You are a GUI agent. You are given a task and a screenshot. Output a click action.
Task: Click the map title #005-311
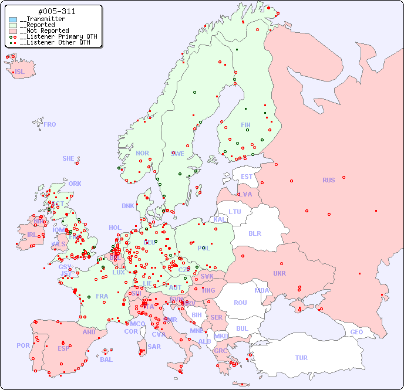pyautogui.click(x=56, y=11)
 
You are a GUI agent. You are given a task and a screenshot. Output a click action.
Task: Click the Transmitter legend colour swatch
pyautogui.click(x=13, y=19)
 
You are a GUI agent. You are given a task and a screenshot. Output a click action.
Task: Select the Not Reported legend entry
pyautogui.click(x=44, y=30)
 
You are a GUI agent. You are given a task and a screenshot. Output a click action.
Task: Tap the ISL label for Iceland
pyautogui.click(x=20, y=72)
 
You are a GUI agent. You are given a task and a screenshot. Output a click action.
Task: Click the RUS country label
pyautogui.click(x=328, y=180)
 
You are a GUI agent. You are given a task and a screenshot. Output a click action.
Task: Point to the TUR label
pyautogui.click(x=301, y=358)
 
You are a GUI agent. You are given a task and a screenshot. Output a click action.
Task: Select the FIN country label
pyautogui.click(x=245, y=125)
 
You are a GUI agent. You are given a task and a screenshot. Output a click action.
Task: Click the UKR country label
pyautogui.click(x=280, y=273)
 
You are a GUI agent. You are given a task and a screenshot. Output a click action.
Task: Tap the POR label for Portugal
pyautogui.click(x=23, y=345)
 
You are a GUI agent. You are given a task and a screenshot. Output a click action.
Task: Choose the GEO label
pyautogui.click(x=356, y=332)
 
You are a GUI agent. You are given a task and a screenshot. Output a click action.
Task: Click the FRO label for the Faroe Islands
pyautogui.click(x=50, y=124)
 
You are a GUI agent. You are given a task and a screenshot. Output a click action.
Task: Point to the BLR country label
pyautogui.click(x=255, y=233)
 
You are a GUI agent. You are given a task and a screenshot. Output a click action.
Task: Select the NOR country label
pyautogui.click(x=142, y=153)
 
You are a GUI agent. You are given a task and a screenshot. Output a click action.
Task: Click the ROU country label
pyautogui.click(x=240, y=303)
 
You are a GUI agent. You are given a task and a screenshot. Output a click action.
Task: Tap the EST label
pyautogui.click(x=247, y=177)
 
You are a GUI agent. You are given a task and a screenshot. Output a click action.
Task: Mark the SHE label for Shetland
pyautogui.click(x=69, y=158)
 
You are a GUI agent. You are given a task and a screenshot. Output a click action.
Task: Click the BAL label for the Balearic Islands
pyautogui.click(x=106, y=360)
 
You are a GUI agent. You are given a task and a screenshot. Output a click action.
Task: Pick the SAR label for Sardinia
pyautogui.click(x=154, y=347)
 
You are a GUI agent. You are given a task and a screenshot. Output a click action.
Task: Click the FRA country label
pyautogui.click(x=102, y=296)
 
